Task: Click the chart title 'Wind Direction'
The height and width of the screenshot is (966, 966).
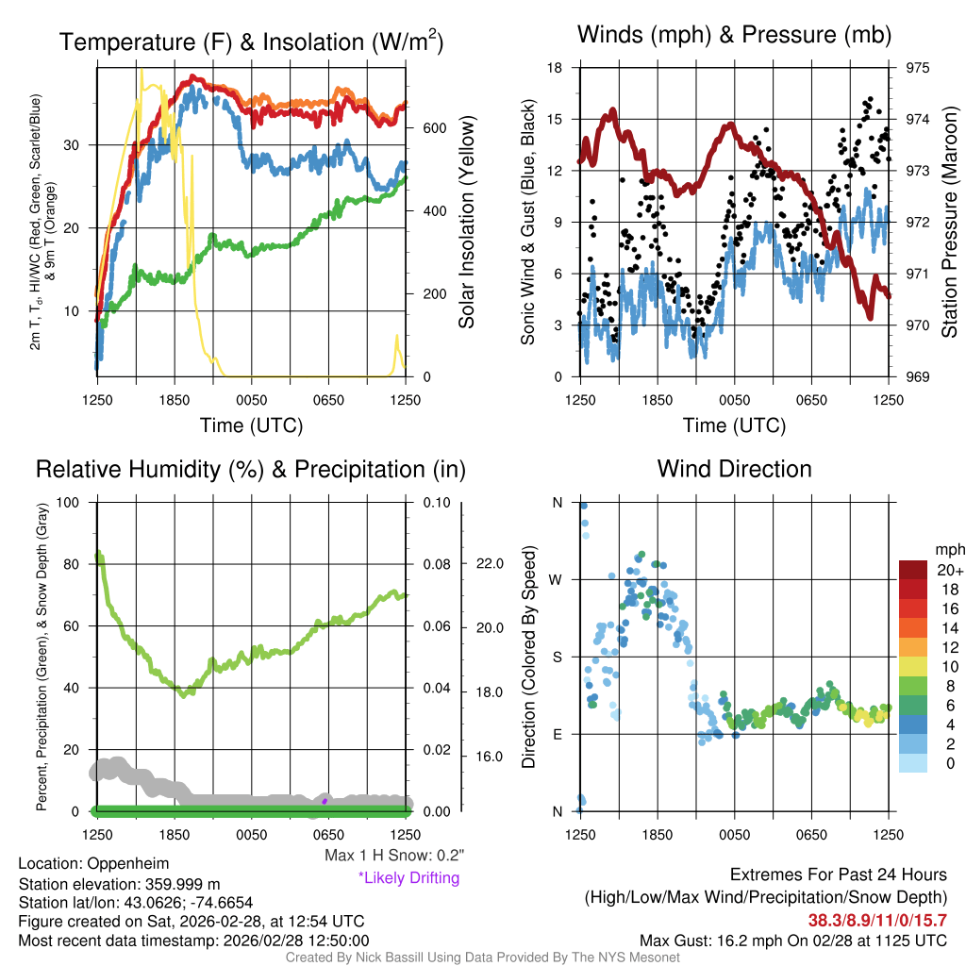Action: click(734, 469)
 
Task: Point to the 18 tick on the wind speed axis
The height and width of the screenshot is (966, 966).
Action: click(555, 68)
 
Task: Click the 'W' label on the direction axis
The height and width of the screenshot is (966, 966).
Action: click(557, 579)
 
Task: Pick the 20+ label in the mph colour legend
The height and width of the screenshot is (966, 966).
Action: click(949, 570)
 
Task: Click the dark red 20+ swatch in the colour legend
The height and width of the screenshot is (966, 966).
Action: click(914, 570)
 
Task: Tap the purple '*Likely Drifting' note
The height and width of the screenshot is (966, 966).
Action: click(408, 877)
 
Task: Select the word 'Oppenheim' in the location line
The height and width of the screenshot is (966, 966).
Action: click(118, 864)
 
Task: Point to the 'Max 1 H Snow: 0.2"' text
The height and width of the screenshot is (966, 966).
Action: click(394, 855)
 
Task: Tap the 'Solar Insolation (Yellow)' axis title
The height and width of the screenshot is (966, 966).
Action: click(467, 223)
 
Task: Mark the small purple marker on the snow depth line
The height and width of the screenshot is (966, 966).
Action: click(325, 801)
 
